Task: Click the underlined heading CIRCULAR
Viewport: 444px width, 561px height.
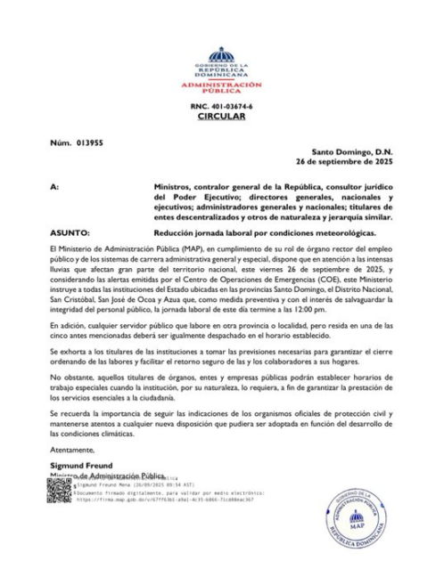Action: [x=222, y=115]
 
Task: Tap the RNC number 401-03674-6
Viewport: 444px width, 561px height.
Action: [x=222, y=105]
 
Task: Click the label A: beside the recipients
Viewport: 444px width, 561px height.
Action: [x=55, y=188]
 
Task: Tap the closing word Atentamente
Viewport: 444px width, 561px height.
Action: [x=72, y=451]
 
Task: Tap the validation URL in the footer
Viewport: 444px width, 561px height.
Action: [x=166, y=500]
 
